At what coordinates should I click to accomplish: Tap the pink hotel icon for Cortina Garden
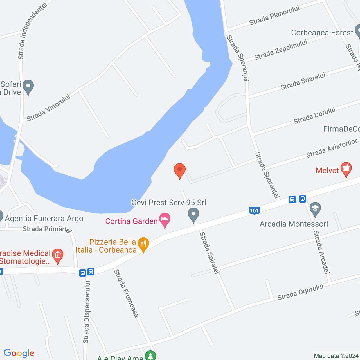[x=165, y=220]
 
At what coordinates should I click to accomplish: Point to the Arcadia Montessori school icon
[x=315, y=209]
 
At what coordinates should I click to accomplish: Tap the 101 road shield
[x=254, y=210]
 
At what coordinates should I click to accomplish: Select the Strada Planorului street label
[x=274, y=15]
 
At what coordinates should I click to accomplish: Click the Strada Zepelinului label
[x=281, y=49]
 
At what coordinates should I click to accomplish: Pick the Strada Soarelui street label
[x=303, y=81]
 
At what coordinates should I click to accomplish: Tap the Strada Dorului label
[x=314, y=115]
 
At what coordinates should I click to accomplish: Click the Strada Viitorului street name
[x=48, y=108]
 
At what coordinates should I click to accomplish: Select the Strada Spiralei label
[x=209, y=253]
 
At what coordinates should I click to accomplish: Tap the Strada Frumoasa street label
[x=126, y=293]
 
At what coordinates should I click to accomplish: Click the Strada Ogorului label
[x=300, y=292]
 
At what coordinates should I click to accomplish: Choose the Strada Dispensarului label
[x=87, y=312]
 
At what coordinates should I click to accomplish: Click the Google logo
[x=19, y=353]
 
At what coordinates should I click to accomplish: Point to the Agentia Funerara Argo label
[x=44, y=219]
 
